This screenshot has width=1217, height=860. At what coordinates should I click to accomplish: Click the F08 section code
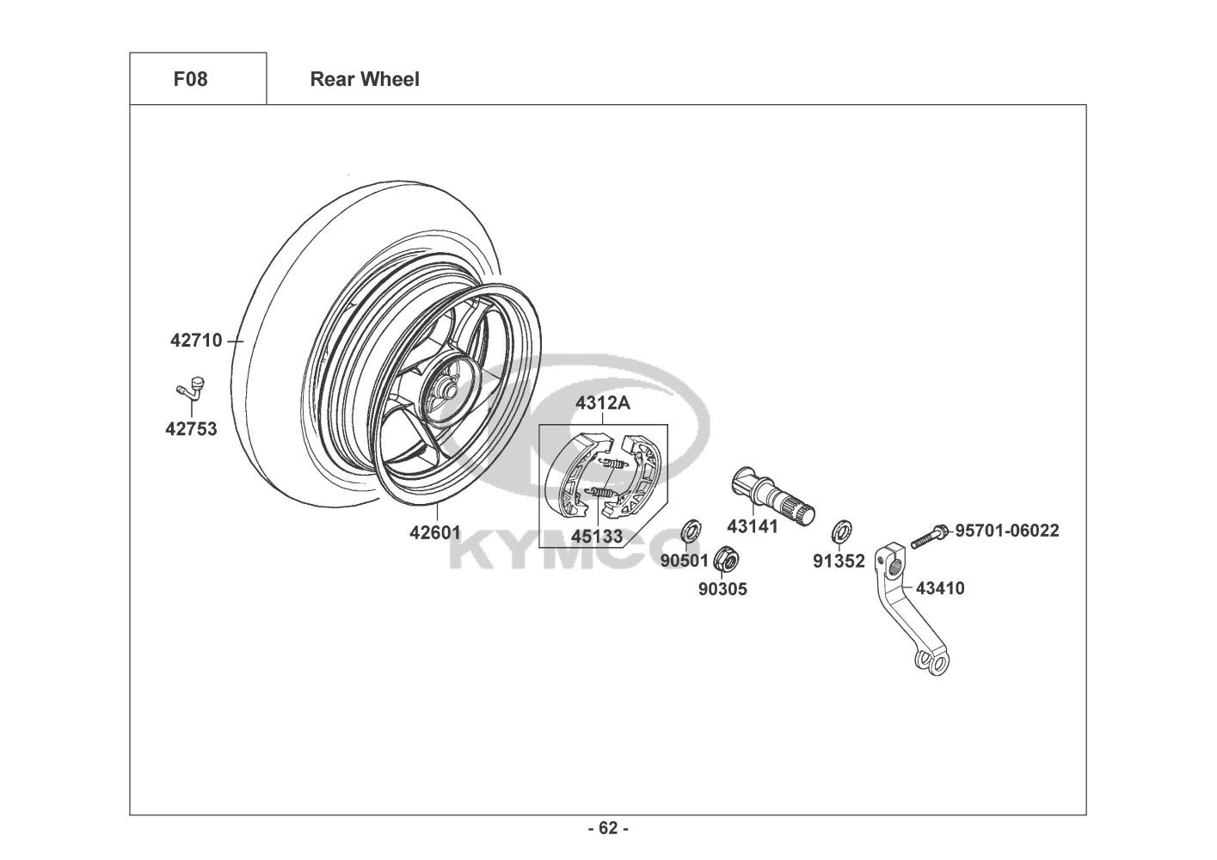pos(190,79)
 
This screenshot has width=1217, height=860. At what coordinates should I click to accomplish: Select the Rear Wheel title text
pos(365,79)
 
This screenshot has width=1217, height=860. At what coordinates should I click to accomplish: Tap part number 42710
pos(196,341)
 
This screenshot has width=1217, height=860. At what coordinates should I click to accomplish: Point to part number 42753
pos(191,429)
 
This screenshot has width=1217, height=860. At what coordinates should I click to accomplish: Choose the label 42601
pos(434,532)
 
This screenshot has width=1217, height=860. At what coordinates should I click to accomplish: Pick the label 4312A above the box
pos(603,403)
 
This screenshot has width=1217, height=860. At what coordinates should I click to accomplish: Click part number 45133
pos(597,536)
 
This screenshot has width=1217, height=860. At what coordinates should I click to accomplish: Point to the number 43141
pos(753,525)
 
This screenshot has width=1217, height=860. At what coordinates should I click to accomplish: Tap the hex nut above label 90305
pos(726,558)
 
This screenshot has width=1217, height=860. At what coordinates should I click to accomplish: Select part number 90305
pos(722,589)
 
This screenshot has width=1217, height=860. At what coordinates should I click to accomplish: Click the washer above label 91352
pos(841,531)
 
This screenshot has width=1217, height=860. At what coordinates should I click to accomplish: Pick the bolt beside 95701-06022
pos(930,536)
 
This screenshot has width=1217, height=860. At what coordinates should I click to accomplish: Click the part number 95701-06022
pos(1007,531)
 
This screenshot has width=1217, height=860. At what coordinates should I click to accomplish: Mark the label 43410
pos(940,588)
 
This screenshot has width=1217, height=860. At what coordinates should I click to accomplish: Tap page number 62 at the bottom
pos(608,828)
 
